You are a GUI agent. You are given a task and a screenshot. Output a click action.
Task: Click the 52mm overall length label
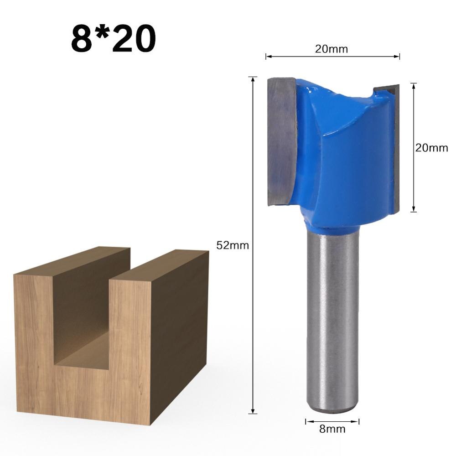pyautogui.click(x=232, y=245)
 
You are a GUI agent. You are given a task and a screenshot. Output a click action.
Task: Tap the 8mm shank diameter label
pyautogui.click(x=332, y=429)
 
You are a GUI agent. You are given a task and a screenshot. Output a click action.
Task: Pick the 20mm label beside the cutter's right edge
pyautogui.click(x=431, y=148)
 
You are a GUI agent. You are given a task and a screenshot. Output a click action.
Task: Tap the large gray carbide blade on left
pyautogui.click(x=282, y=141)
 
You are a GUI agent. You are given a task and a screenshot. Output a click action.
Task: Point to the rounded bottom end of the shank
pyautogui.click(x=332, y=408)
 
